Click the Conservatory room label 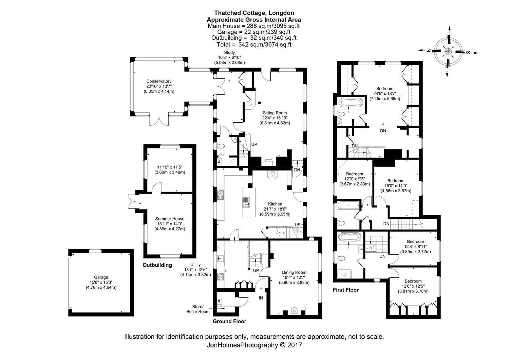point(158,81)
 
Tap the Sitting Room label point(275,113)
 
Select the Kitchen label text point(275,204)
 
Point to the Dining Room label point(294,272)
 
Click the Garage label point(101,277)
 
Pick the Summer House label point(170,219)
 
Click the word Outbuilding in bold point(157,265)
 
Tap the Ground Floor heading point(229,321)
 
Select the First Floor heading point(346,290)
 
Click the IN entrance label point(261,298)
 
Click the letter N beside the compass point(429,51)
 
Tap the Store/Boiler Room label point(198,309)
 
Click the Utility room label point(195,265)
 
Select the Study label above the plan point(229,52)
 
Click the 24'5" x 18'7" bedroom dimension point(385,93)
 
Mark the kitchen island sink point(246,202)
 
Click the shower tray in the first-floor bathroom point(344,274)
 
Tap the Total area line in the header point(254,44)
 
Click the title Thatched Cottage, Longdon point(254,13)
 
